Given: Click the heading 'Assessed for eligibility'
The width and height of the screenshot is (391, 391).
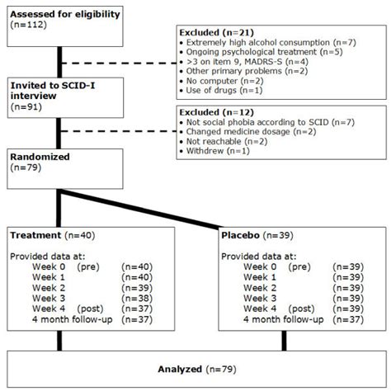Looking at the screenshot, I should tap(65, 14).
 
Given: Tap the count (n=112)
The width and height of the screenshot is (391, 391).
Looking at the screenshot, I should tap(30, 26).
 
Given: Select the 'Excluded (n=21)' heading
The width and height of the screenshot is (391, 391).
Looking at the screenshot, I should tap(212, 32).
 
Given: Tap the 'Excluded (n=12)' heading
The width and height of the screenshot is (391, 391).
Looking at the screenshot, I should tap(212, 111).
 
